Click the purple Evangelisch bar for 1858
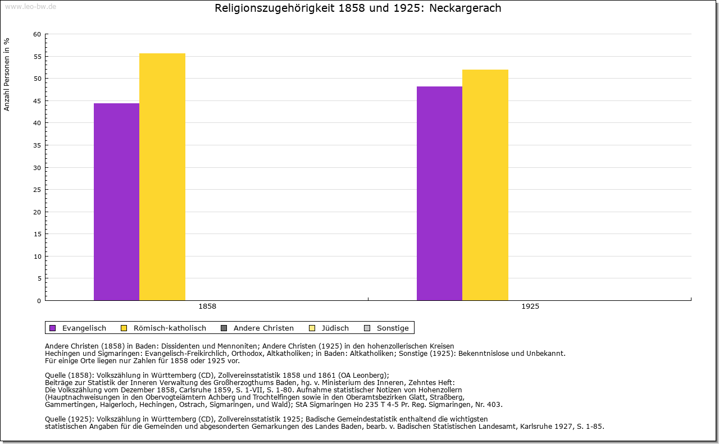point(116,202)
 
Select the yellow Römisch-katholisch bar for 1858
point(162,177)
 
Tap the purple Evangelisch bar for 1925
point(439,194)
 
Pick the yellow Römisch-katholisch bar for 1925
point(485,185)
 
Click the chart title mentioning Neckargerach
point(358,8)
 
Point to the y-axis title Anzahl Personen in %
point(7,74)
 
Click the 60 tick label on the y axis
point(37,34)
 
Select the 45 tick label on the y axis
point(37,101)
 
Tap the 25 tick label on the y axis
point(37,190)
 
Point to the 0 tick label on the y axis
point(39,301)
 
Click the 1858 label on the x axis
point(207,307)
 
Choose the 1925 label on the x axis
point(530,307)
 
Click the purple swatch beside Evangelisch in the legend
point(53,328)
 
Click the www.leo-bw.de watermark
point(30,6)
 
